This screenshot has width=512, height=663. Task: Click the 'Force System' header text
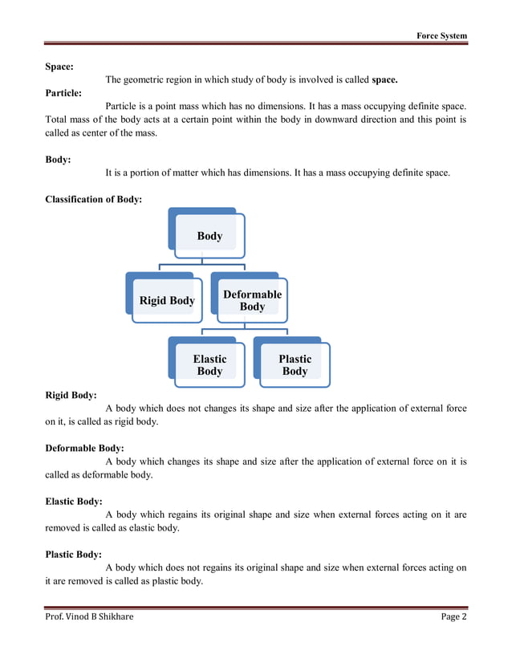(441, 36)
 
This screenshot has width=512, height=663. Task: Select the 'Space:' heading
(60, 67)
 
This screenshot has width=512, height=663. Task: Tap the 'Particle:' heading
(63, 93)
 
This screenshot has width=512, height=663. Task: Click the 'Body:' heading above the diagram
(58, 160)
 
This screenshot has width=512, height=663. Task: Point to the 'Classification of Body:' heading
(94, 199)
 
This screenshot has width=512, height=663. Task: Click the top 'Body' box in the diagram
(209, 236)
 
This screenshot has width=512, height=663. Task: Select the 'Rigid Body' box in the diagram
(167, 300)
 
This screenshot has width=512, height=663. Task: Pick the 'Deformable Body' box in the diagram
(252, 300)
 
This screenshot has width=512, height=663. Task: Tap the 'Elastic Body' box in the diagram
(209, 365)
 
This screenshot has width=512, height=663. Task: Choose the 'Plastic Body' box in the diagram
(295, 365)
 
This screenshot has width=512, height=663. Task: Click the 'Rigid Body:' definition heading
(71, 395)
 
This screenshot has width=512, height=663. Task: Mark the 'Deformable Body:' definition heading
(85, 448)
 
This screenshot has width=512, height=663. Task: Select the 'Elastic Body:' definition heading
(74, 502)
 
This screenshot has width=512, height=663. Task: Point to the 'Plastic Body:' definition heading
(73, 554)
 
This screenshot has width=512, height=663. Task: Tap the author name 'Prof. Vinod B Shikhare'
(90, 616)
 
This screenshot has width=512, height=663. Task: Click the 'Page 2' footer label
(453, 616)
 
